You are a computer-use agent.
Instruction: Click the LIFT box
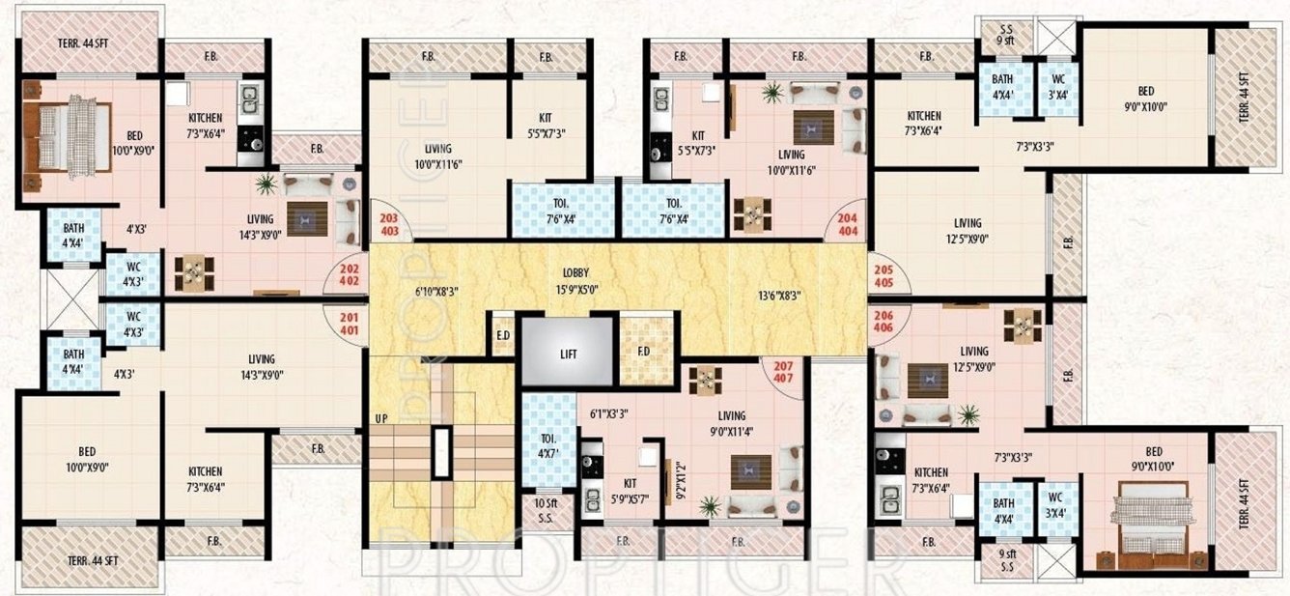coord(568,354)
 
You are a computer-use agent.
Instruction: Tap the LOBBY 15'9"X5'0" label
coord(575,280)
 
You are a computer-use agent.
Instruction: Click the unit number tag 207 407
coord(783,372)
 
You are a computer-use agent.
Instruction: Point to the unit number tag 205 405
coord(882,276)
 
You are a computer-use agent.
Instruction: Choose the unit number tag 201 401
coord(349,321)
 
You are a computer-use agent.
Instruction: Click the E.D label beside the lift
coord(502,335)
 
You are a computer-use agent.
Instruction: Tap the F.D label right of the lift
coord(643,349)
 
